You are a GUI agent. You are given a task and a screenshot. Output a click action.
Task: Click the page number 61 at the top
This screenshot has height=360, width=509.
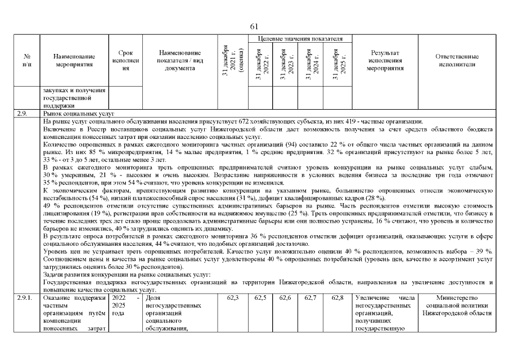[x=254, y=26]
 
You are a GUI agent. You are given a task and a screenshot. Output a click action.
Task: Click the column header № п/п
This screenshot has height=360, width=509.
[x=26, y=60]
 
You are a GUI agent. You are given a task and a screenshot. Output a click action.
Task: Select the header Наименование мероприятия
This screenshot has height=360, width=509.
[x=74, y=60]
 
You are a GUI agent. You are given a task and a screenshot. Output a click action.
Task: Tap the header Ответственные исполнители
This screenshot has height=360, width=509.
[x=457, y=60]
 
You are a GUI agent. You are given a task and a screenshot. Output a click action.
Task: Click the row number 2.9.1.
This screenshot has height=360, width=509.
[x=25, y=298]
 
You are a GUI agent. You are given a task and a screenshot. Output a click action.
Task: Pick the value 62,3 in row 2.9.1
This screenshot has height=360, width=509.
[x=232, y=298]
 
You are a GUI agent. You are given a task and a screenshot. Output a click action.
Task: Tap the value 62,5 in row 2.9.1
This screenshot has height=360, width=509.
[x=260, y=298]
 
